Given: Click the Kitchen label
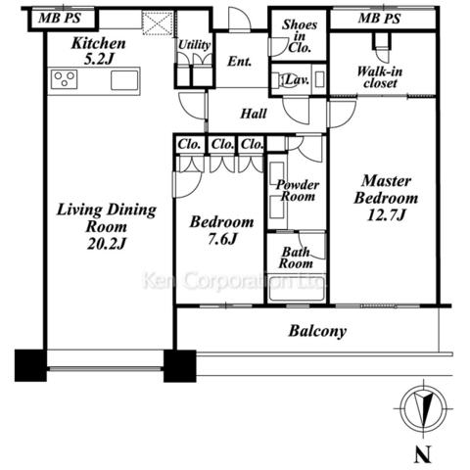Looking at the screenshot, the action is pyautogui.click(x=98, y=43).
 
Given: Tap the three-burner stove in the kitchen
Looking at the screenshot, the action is pyautogui.click(x=65, y=79).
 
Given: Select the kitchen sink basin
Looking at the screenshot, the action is pyautogui.click(x=124, y=80).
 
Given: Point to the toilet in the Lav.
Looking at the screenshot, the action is pyautogui.click(x=281, y=79).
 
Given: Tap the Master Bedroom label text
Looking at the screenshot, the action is pyautogui.click(x=386, y=189).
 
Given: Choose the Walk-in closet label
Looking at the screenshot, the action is pyautogui.click(x=380, y=77).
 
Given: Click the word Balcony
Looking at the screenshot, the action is pyautogui.click(x=317, y=331).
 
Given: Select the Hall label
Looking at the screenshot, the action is pyautogui.click(x=254, y=114).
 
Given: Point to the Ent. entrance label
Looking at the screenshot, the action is pyautogui.click(x=240, y=62).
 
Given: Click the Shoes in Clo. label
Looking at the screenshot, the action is pyautogui.click(x=300, y=36).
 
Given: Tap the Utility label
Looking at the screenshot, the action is pyautogui.click(x=194, y=45).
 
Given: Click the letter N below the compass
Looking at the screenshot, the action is pyautogui.click(x=423, y=454).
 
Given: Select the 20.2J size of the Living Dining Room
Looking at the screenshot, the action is pyautogui.click(x=107, y=244).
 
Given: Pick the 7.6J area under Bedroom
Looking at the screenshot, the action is pyautogui.click(x=222, y=239).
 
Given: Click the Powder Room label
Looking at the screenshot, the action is pyautogui.click(x=298, y=191).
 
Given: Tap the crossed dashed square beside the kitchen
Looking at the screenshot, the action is pyautogui.click(x=158, y=23).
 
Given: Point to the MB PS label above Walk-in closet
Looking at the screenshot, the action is pyautogui.click(x=379, y=19).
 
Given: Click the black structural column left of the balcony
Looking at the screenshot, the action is pyautogui.click(x=180, y=366).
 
